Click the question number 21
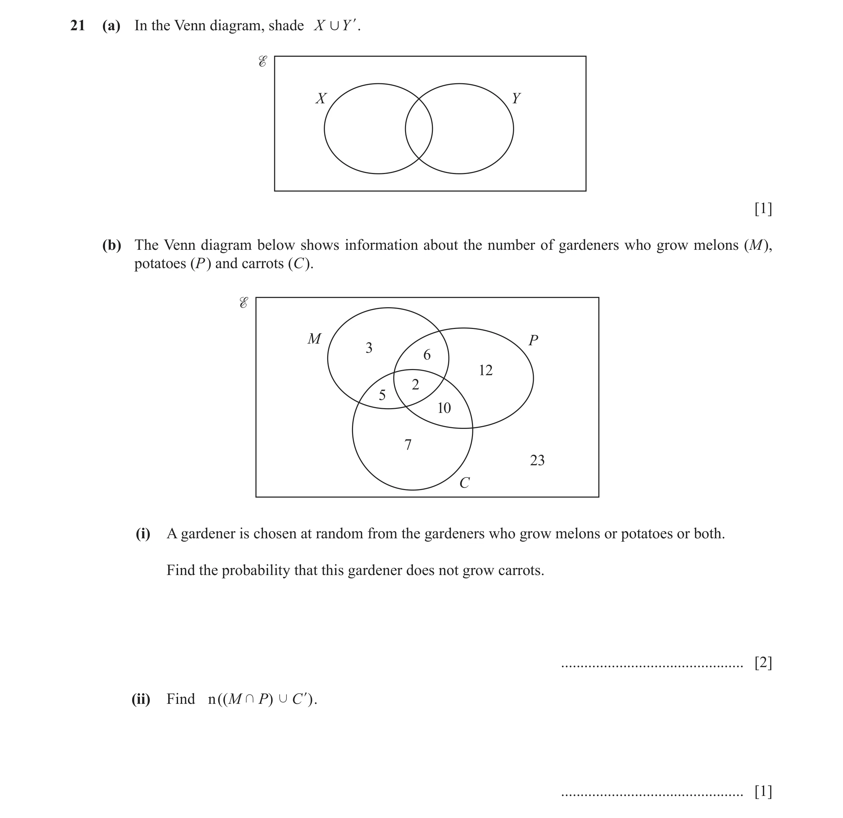(77, 26)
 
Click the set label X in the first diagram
(321, 99)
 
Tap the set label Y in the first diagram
(516, 99)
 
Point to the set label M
(314, 339)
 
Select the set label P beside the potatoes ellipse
(533, 340)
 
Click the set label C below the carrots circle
(464, 483)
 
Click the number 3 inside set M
(369, 348)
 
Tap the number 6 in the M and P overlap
(427, 355)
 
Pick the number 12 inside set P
(486, 370)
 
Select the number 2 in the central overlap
(416, 384)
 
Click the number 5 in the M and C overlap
(382, 395)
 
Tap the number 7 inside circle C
(408, 445)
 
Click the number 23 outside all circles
(537, 460)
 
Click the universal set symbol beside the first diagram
(262, 62)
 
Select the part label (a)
(111, 26)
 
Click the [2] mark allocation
(763, 663)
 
